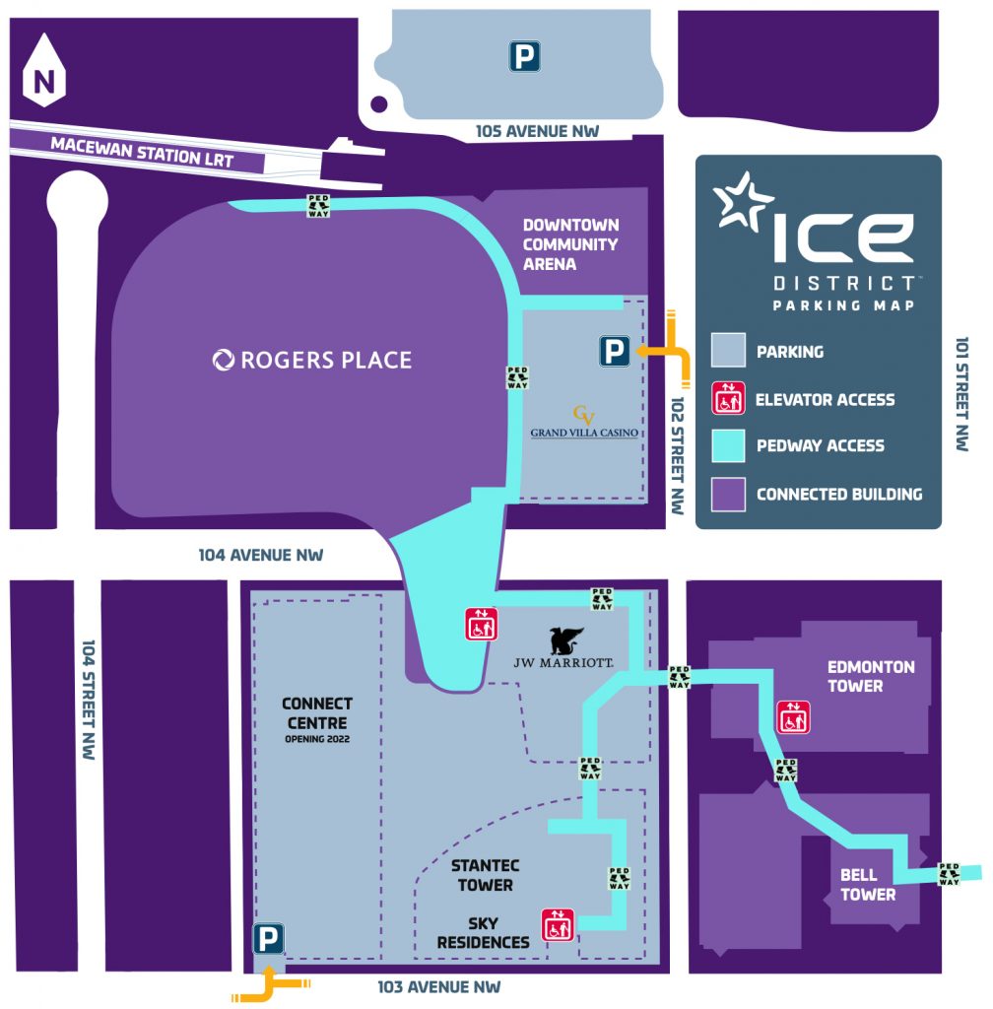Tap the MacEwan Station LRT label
(x=142, y=151)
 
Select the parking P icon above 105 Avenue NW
(x=524, y=57)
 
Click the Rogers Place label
(x=312, y=360)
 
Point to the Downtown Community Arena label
(x=570, y=244)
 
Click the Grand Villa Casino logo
(x=585, y=422)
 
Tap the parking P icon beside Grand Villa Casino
(x=615, y=351)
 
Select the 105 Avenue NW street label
(x=537, y=131)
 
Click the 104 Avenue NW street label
(x=261, y=555)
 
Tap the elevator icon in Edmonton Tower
(x=793, y=716)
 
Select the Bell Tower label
(x=868, y=885)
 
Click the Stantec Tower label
(x=485, y=875)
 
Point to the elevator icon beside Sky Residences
(x=558, y=924)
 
